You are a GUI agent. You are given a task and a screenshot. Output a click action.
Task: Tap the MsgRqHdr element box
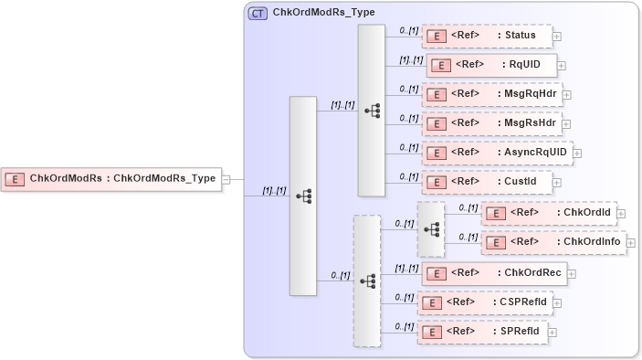point(490,94)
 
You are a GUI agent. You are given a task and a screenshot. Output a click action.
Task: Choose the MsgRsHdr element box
point(490,122)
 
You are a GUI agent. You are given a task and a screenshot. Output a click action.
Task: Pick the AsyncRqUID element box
point(496,152)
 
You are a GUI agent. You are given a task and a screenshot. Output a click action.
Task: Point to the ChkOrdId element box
point(548,213)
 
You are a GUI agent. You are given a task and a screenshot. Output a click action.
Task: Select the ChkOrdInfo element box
point(553,242)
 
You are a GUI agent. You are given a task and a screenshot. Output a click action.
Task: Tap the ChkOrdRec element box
point(493,272)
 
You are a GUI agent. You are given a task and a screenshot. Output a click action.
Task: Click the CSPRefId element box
point(484,302)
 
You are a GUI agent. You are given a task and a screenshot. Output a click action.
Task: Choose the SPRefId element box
point(481,331)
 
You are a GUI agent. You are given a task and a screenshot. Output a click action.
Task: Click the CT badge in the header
point(258,14)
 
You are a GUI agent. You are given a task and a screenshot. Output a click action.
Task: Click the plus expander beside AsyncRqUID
point(577,153)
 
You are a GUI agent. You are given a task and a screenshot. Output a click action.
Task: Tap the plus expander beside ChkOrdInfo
point(632,243)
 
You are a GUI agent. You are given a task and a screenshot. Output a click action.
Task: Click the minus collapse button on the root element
point(226,179)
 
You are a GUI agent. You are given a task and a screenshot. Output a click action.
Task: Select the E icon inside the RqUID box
point(441,66)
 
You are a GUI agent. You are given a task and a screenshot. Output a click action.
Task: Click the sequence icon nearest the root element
point(303,196)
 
